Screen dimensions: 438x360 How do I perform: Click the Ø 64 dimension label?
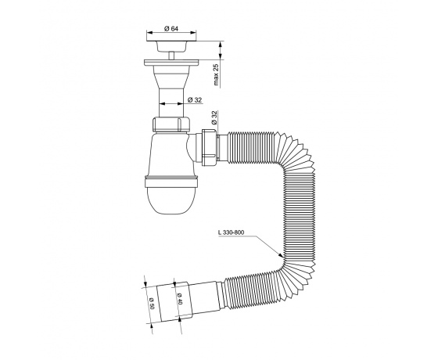171,28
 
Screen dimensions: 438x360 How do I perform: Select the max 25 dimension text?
216,74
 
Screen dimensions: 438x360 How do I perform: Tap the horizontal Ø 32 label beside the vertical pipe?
195,100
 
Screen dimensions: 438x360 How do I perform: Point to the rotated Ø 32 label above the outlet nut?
214,117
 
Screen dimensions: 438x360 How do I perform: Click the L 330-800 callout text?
232,232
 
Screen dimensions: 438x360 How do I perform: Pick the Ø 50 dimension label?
152,302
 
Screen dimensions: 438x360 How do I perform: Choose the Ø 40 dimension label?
180,299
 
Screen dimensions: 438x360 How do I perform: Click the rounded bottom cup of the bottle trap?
171,201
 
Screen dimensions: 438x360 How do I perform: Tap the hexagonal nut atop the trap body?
171,124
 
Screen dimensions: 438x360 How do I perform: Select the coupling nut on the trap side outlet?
209,148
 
